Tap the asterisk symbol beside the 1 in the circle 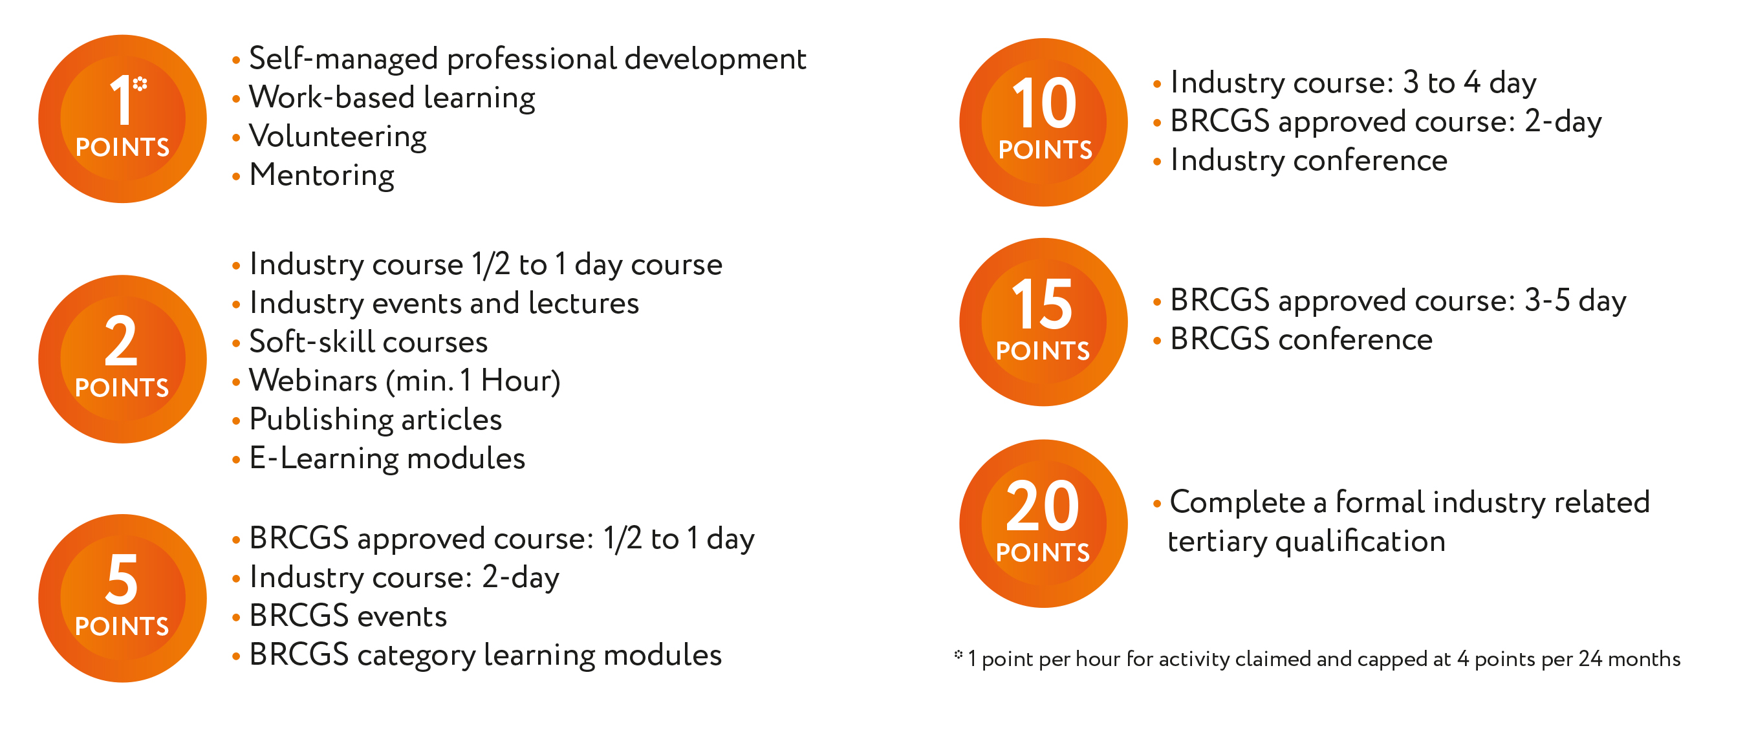point(140,84)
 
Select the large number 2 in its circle point(122,340)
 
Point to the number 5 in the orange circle point(122,579)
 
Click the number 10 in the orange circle point(1045,103)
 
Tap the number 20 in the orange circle point(1043,506)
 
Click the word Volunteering point(338,137)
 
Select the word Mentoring point(321,176)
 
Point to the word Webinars point(313,380)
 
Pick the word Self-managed point(343,59)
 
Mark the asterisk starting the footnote point(959,654)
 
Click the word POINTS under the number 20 point(1043,553)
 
